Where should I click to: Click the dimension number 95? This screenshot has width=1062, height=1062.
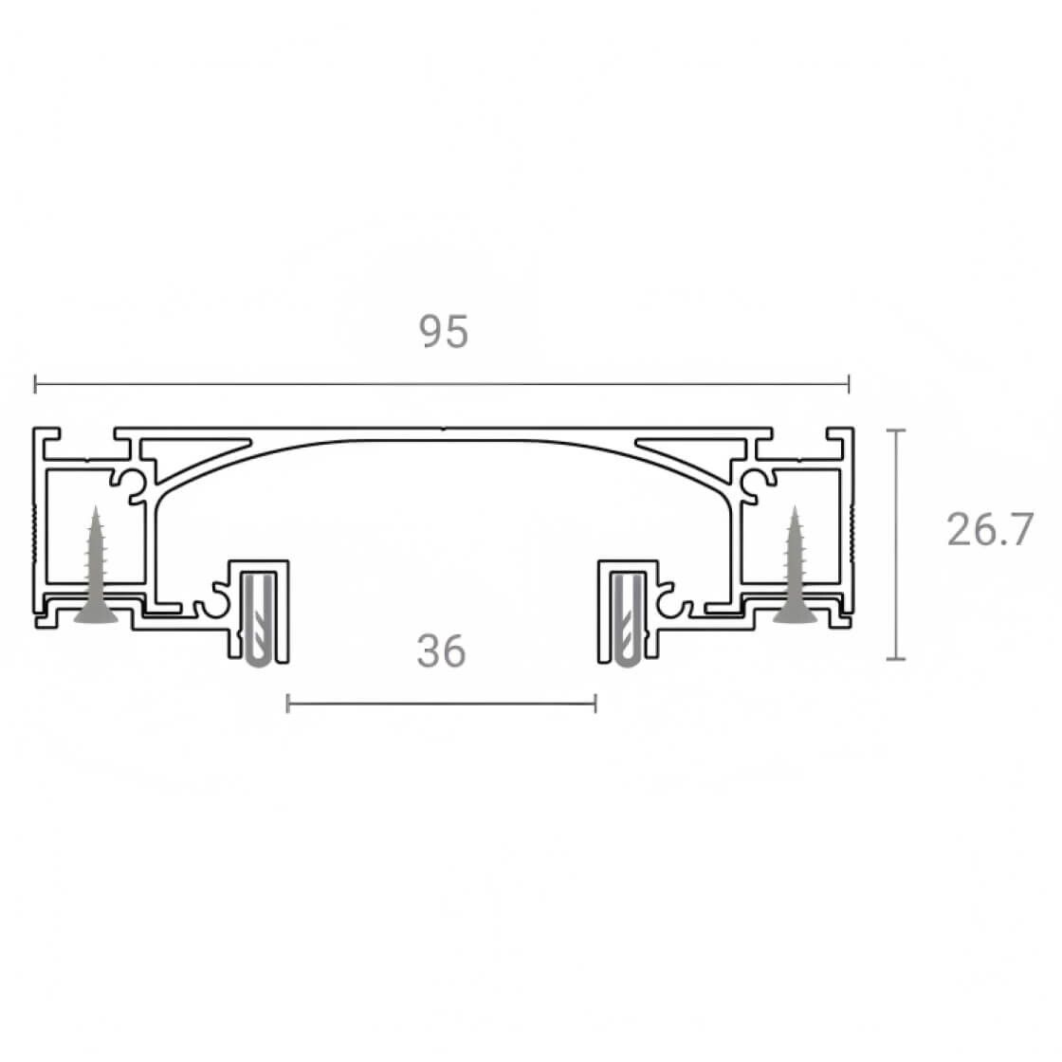click(444, 331)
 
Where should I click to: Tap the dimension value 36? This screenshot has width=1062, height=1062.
click(442, 650)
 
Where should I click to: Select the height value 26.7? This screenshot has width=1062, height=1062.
click(990, 529)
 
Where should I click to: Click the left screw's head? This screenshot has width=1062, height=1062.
click(96, 614)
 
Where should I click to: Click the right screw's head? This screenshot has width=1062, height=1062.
click(796, 614)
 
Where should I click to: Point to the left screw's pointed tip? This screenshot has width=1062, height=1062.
click(96, 506)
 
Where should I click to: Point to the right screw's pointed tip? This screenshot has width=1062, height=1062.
click(796, 506)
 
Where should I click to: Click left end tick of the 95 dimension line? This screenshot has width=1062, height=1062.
click(35, 384)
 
